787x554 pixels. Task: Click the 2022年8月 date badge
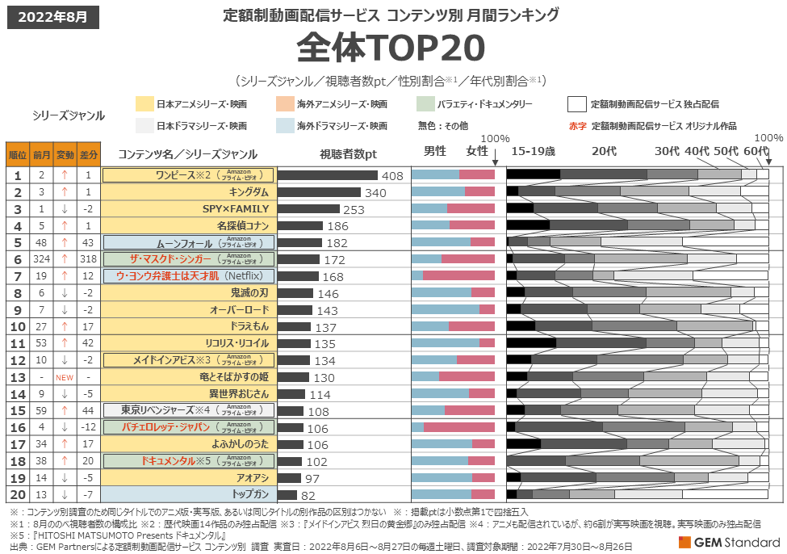tap(53, 16)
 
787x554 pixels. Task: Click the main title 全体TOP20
tap(391, 49)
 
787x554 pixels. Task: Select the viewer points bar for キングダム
tap(319, 192)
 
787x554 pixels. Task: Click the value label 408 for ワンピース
tap(392, 175)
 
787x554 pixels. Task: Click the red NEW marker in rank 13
tap(65, 377)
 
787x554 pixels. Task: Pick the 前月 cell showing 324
tap(41, 259)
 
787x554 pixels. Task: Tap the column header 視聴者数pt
tap(347, 154)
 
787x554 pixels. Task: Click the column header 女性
tap(476, 151)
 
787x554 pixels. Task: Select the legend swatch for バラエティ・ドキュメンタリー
tap(425, 104)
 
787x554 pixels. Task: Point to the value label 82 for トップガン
tap(308, 495)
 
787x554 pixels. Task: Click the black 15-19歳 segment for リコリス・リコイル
tap(530, 343)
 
